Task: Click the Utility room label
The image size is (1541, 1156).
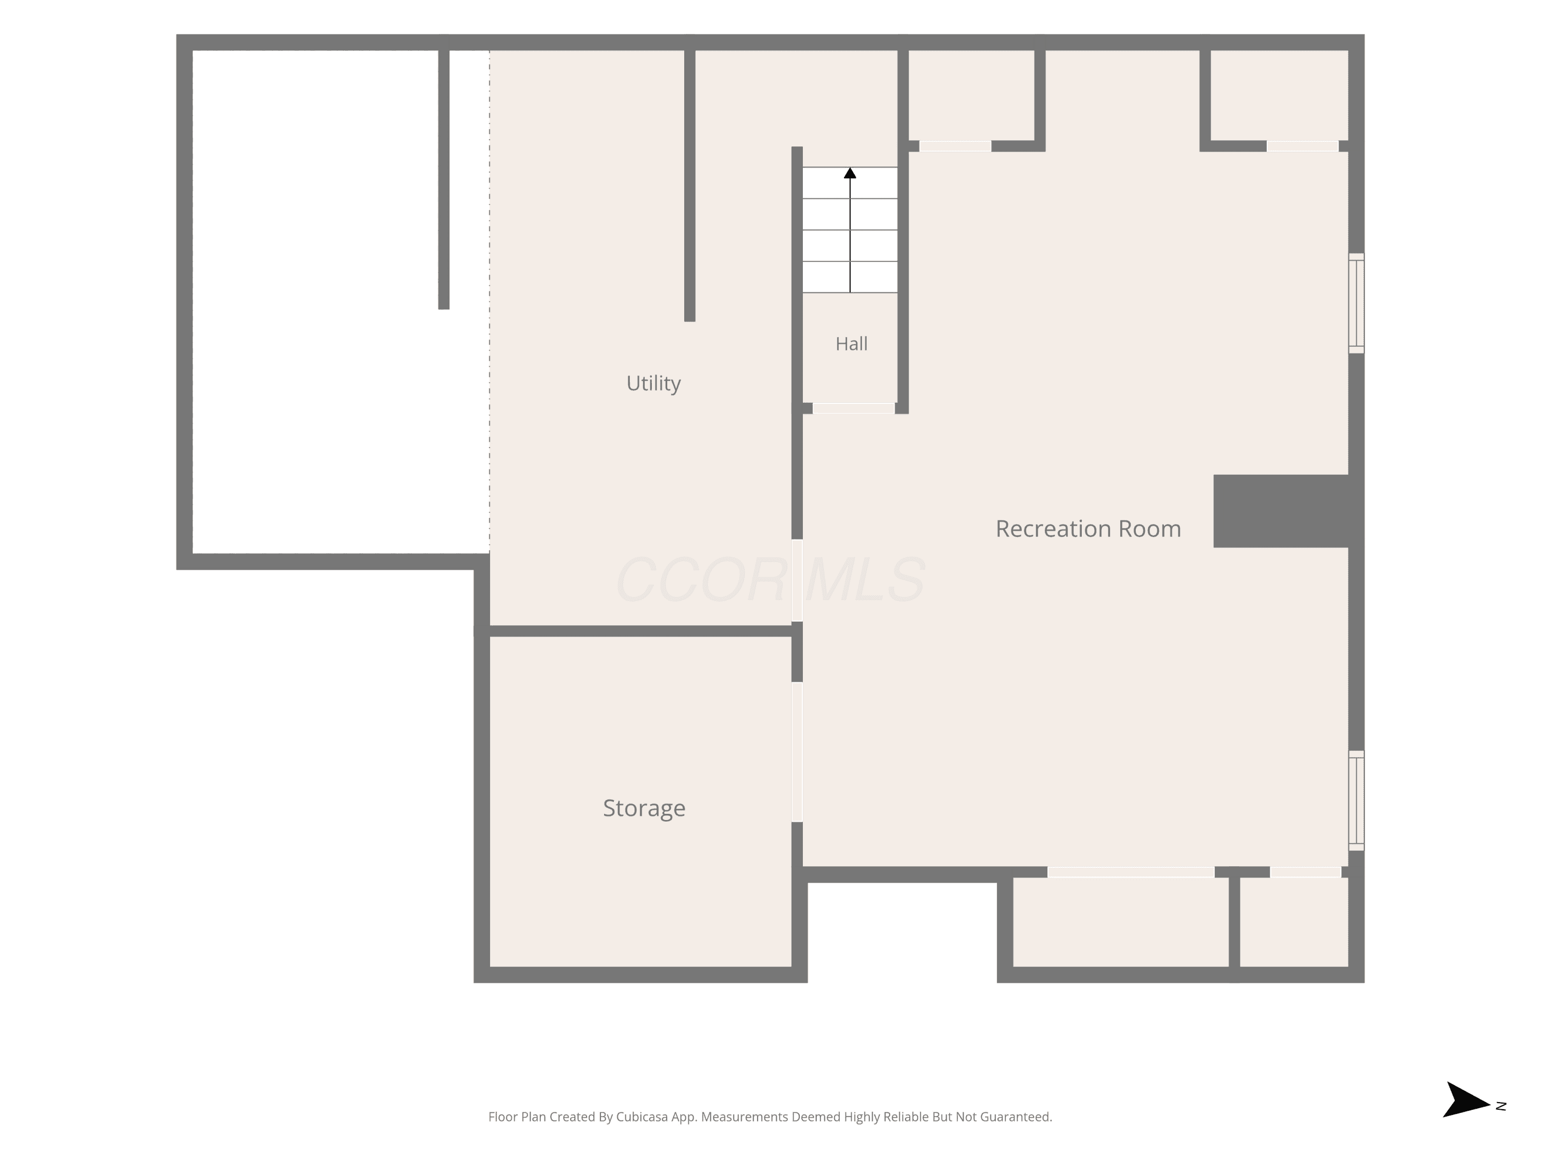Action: tap(653, 383)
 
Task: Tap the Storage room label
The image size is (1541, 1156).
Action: tap(644, 808)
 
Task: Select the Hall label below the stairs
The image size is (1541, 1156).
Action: tap(851, 344)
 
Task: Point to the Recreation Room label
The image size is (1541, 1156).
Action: tap(1088, 529)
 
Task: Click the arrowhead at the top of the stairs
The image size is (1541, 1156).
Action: tap(850, 173)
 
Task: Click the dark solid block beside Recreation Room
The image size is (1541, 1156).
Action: tap(1281, 511)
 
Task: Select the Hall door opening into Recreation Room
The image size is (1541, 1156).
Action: tap(853, 408)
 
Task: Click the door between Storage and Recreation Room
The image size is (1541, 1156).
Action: tap(797, 752)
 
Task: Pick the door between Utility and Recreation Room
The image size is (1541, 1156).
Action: tap(797, 581)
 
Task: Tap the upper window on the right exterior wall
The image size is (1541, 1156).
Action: tap(1357, 303)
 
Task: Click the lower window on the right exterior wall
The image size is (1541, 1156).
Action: tap(1357, 800)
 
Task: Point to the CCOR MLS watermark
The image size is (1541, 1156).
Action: tap(771, 580)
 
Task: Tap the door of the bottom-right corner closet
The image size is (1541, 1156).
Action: tap(1306, 872)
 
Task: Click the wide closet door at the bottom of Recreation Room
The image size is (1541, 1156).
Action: tap(1131, 872)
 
